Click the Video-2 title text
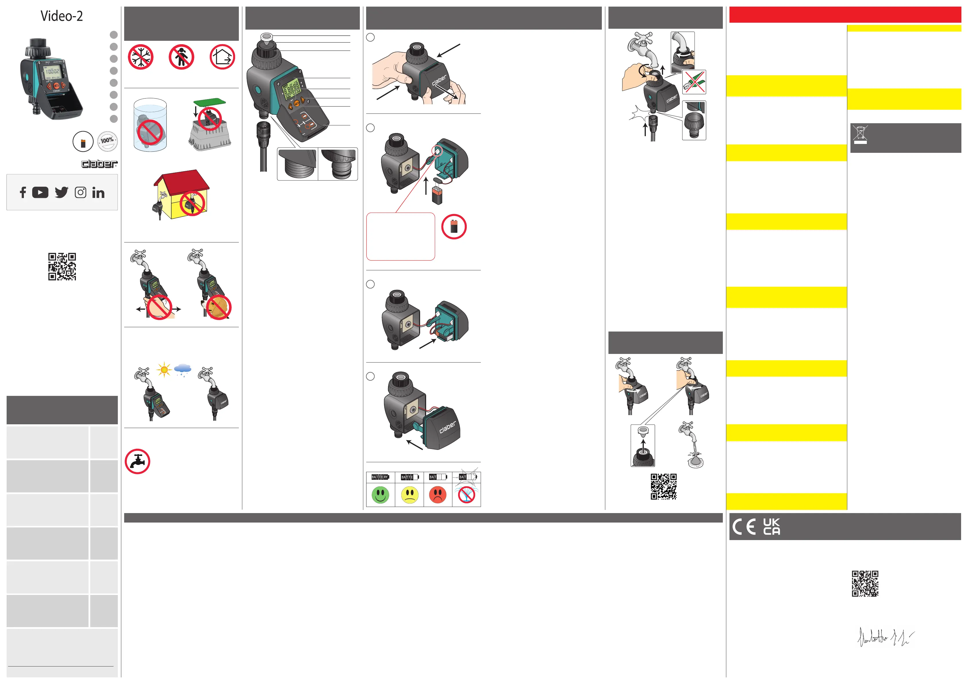62,16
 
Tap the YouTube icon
40,192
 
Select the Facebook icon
23,192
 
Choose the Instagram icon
80,192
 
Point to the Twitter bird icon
62,192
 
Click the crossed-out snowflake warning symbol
140,57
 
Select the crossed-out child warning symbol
181,57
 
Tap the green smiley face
380,494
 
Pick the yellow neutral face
409,494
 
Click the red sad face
438,494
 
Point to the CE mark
744,527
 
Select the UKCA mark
771,527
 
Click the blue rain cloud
183,369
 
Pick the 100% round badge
107,141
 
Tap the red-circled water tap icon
137,461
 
